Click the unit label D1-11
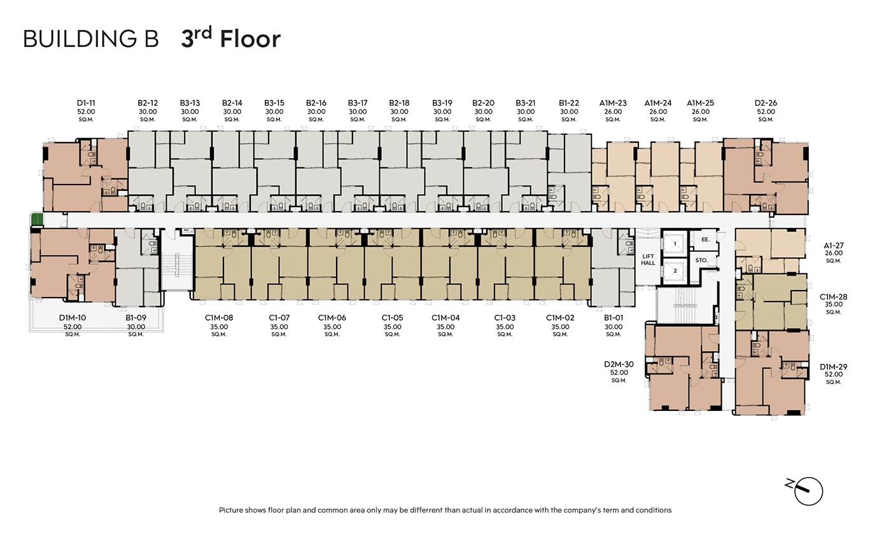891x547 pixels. tap(86, 103)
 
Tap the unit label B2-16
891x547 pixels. tap(316, 103)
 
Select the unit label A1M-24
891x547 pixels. tap(658, 103)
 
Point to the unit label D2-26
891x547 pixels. tap(766, 103)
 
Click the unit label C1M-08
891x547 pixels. tap(219, 317)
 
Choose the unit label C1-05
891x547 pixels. tap(392, 317)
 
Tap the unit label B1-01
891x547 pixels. tap(614, 317)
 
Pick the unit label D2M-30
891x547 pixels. tap(619, 364)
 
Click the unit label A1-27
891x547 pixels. tap(833, 246)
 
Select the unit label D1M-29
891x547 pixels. tap(833, 366)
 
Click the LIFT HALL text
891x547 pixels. tap(648, 260)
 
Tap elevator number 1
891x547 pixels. tap(675, 244)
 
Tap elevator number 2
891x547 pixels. tap(675, 271)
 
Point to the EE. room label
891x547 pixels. tap(705, 239)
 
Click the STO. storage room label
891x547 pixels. tap(701, 260)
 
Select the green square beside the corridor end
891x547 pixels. tap(37, 219)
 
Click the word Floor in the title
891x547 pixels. tap(250, 39)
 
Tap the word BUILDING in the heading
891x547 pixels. tap(80, 39)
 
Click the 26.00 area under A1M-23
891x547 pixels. tap(613, 112)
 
